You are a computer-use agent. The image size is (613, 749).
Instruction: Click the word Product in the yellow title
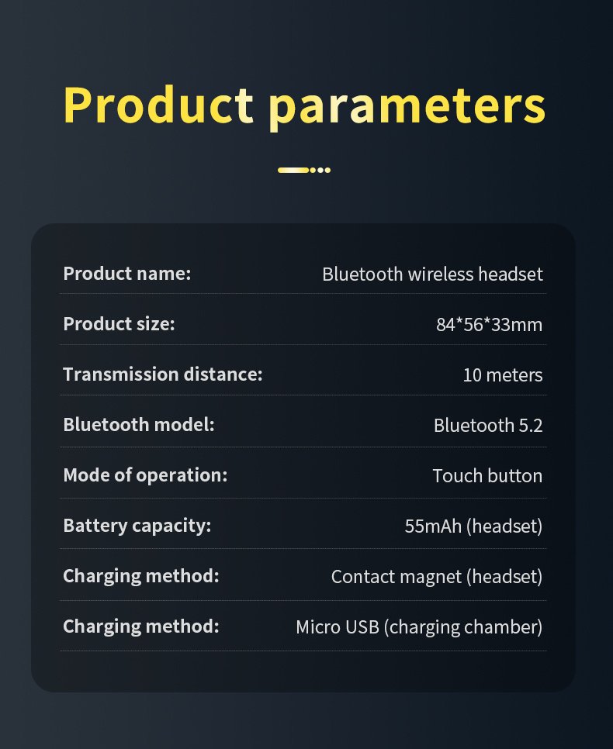(x=158, y=105)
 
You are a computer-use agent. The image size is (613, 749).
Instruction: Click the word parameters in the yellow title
(x=407, y=109)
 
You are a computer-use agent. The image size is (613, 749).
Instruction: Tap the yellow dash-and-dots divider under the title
(x=304, y=170)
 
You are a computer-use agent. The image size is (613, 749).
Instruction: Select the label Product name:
(x=127, y=274)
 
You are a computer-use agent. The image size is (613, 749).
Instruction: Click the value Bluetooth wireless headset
(x=432, y=274)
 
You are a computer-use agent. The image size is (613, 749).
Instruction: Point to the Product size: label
(x=119, y=324)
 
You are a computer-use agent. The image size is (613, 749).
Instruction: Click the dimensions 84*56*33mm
(x=489, y=325)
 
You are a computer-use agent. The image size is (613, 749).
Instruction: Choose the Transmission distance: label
(x=163, y=374)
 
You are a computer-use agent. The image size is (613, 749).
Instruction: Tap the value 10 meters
(x=503, y=375)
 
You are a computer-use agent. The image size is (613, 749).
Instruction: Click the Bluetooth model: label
(x=139, y=425)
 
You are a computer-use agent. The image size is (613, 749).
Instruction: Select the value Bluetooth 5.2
(x=488, y=425)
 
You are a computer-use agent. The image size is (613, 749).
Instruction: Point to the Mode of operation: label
(x=145, y=475)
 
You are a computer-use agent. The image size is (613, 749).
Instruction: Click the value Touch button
(x=488, y=476)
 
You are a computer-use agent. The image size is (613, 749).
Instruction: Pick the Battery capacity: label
(x=137, y=526)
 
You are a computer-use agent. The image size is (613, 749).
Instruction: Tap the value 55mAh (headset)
(x=473, y=526)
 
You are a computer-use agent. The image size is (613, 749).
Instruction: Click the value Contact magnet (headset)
(x=437, y=577)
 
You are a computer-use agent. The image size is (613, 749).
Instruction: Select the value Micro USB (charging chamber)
(x=419, y=627)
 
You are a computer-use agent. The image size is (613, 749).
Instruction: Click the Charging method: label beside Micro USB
(x=141, y=626)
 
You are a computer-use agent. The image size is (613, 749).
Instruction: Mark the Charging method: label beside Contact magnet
(x=141, y=576)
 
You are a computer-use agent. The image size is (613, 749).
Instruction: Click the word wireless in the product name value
(x=440, y=274)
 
